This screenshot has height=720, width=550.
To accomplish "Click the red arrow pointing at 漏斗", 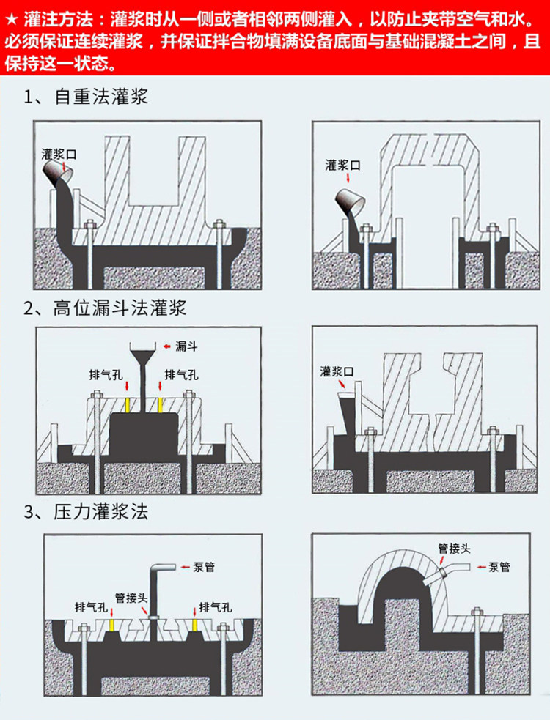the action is pos(165,344).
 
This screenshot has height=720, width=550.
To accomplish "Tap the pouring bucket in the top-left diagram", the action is pos(59,174).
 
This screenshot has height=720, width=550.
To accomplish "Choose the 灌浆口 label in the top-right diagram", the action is pos(342,166).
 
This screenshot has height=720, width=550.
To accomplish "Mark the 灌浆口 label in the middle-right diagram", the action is pos(337,372).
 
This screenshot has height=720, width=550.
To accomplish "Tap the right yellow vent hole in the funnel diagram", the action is pos(161,404).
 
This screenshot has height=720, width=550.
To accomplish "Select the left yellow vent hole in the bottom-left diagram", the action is pos(111,623).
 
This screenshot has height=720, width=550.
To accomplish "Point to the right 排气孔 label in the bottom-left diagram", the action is pos(216,607).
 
